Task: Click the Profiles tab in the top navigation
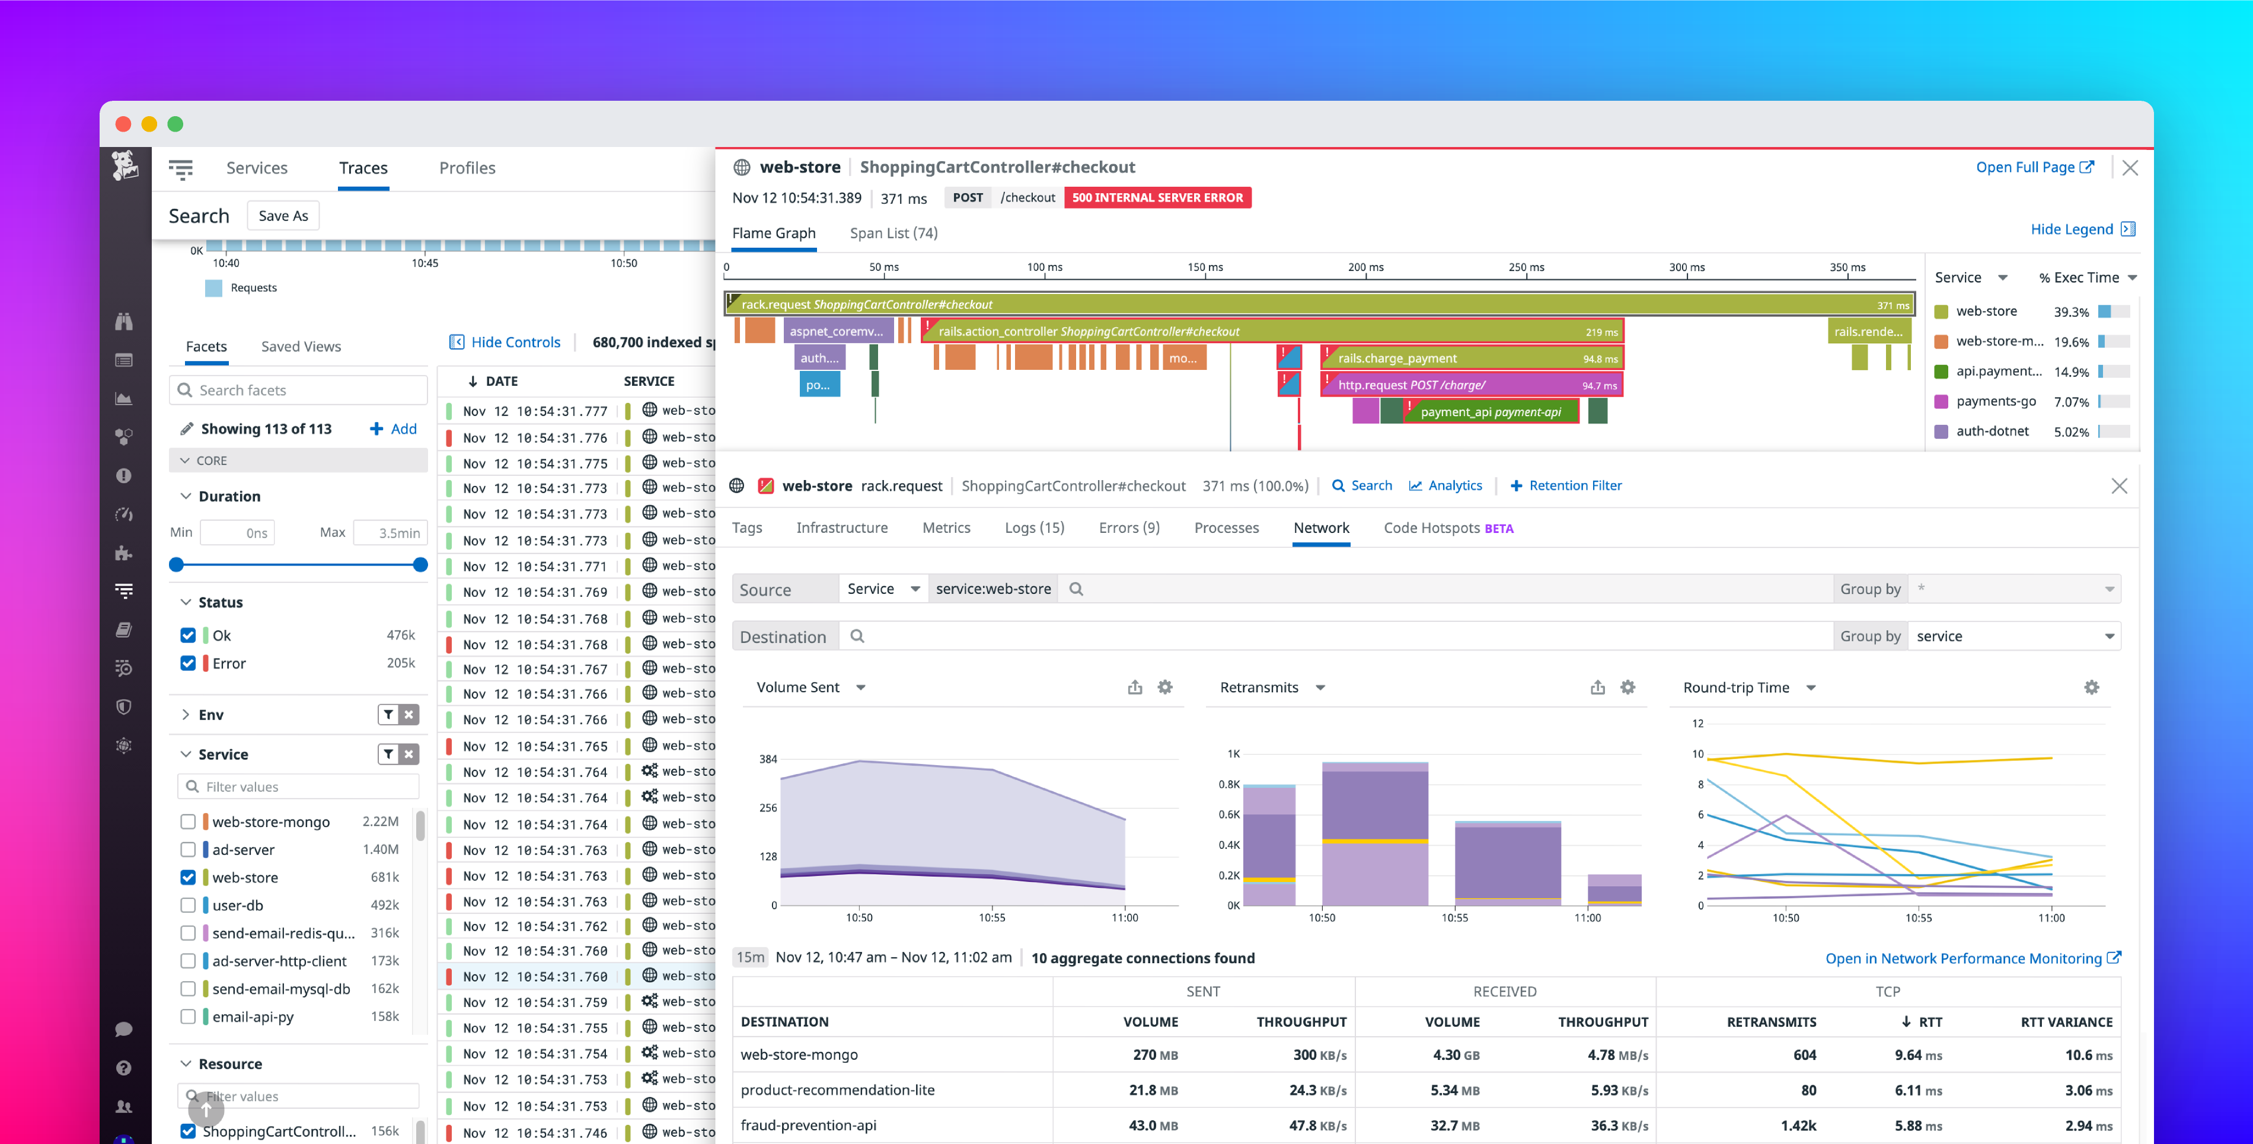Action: [467, 168]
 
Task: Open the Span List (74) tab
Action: [893, 232]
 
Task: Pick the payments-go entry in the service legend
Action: [1995, 401]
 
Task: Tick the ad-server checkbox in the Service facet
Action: [188, 849]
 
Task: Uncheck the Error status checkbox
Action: [188, 663]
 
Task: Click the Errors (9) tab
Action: [1128, 528]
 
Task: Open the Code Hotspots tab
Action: [1447, 528]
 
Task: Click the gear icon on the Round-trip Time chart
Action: [2091, 688]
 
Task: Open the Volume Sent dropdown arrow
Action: [861, 688]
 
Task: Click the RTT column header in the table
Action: [1929, 1021]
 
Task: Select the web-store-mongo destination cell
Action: [799, 1054]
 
